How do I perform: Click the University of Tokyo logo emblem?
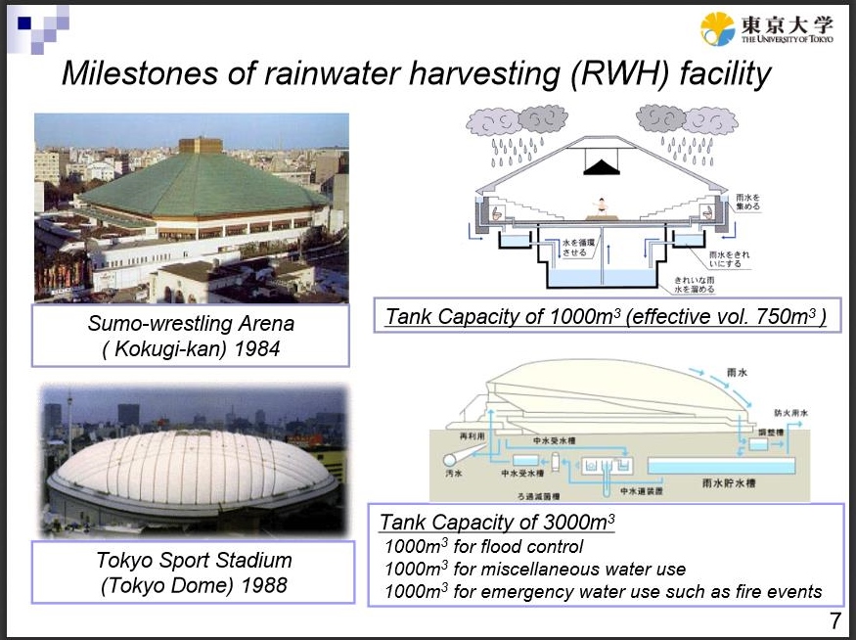[717, 29]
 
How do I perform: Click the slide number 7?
[834, 620]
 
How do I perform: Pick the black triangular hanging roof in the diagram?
[602, 167]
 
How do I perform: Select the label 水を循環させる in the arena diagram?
[574, 248]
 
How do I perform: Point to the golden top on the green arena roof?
[200, 145]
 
